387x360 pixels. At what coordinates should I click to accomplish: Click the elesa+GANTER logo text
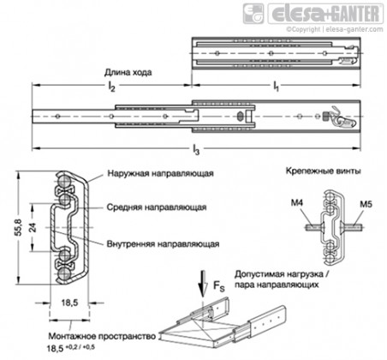tap(326, 14)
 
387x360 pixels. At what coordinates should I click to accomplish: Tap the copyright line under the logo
tap(335, 29)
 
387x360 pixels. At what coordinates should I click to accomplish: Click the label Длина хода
tap(128, 73)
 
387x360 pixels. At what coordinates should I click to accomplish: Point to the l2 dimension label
tap(111, 87)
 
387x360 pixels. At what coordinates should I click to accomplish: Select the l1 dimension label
tap(276, 87)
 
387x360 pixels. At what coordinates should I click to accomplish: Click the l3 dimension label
tap(196, 149)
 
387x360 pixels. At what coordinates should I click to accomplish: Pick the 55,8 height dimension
tap(19, 228)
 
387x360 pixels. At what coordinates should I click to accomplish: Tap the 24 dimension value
tap(33, 227)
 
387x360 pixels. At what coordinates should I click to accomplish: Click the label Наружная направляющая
tap(160, 173)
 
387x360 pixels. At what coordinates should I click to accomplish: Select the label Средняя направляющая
tap(157, 207)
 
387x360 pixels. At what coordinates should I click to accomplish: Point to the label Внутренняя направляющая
tap(163, 244)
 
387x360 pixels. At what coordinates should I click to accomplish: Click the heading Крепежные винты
tap(324, 171)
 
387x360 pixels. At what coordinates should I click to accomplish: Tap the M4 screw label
tap(297, 203)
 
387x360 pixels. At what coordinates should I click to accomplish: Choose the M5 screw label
tap(366, 204)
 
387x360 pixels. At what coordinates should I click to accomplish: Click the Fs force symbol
tap(219, 286)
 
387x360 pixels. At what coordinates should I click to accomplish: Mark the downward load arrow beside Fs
tap(203, 283)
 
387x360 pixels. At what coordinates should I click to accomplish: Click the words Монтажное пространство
tap(102, 336)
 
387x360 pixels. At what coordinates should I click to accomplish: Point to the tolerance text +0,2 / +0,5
tap(80, 347)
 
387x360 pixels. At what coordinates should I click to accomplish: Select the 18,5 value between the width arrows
tap(69, 303)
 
